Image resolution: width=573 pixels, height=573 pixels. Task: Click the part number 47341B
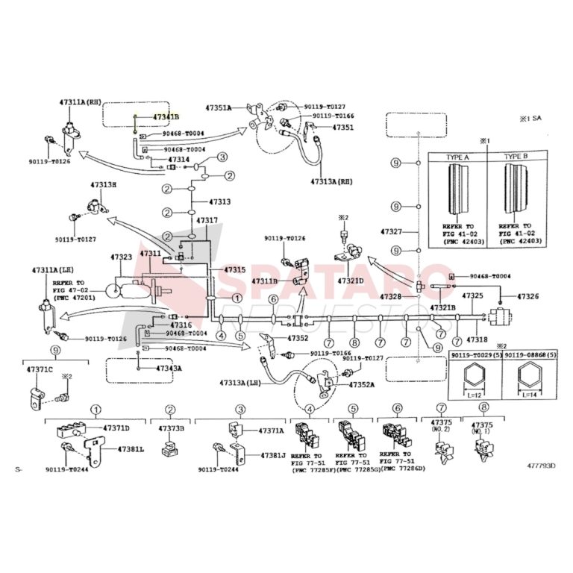(x=166, y=117)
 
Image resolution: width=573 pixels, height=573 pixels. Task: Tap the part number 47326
(x=527, y=297)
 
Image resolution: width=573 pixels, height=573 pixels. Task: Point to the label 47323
(x=122, y=257)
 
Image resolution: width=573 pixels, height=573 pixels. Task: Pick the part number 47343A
(x=169, y=369)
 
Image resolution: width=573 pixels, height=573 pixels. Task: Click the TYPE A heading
(x=457, y=157)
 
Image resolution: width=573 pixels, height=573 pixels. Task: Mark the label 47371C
(x=40, y=369)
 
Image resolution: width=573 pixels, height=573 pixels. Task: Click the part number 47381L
(x=131, y=450)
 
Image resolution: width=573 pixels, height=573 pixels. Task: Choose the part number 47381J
(x=272, y=455)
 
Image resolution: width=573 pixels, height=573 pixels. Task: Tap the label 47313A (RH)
(x=334, y=181)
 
